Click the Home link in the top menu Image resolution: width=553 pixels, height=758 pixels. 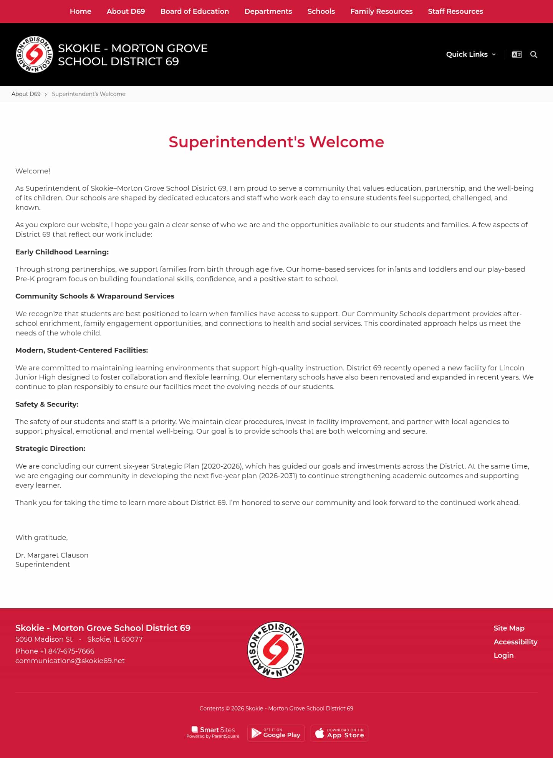click(x=80, y=12)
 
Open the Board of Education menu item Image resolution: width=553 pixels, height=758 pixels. click(x=194, y=12)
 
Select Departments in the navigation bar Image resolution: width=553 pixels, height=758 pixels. click(x=268, y=12)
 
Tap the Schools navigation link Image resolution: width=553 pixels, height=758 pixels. click(x=321, y=12)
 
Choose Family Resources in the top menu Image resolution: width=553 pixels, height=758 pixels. click(x=381, y=12)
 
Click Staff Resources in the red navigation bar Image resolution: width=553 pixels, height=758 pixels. click(x=455, y=12)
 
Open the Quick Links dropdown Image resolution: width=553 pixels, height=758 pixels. click(x=470, y=54)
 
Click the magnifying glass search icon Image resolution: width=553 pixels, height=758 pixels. click(x=533, y=54)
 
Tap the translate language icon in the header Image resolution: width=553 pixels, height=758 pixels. click(x=517, y=54)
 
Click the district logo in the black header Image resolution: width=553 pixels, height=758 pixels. click(x=34, y=54)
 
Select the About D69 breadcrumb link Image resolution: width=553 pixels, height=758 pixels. click(x=26, y=94)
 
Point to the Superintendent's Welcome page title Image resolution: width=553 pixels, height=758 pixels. click(x=276, y=142)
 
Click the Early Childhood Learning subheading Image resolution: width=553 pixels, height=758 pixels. click(x=62, y=252)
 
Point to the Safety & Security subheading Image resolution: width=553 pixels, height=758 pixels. click(x=47, y=405)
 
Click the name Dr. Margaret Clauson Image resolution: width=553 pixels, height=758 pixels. click(x=52, y=555)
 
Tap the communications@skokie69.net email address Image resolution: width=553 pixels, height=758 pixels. click(x=70, y=661)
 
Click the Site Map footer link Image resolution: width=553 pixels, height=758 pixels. click(x=509, y=628)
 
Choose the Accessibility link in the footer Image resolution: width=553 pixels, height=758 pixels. click(x=515, y=642)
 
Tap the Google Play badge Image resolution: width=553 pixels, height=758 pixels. click(x=276, y=733)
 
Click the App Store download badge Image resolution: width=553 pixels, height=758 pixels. click(x=339, y=733)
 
